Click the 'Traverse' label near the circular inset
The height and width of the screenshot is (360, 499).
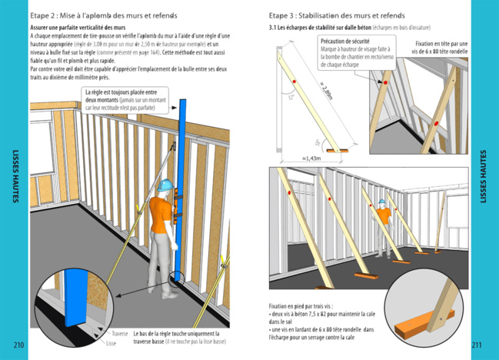119,334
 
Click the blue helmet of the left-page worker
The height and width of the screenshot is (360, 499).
164,185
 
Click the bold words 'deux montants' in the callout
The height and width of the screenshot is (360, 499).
102,100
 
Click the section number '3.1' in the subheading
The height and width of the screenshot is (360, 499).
273,28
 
